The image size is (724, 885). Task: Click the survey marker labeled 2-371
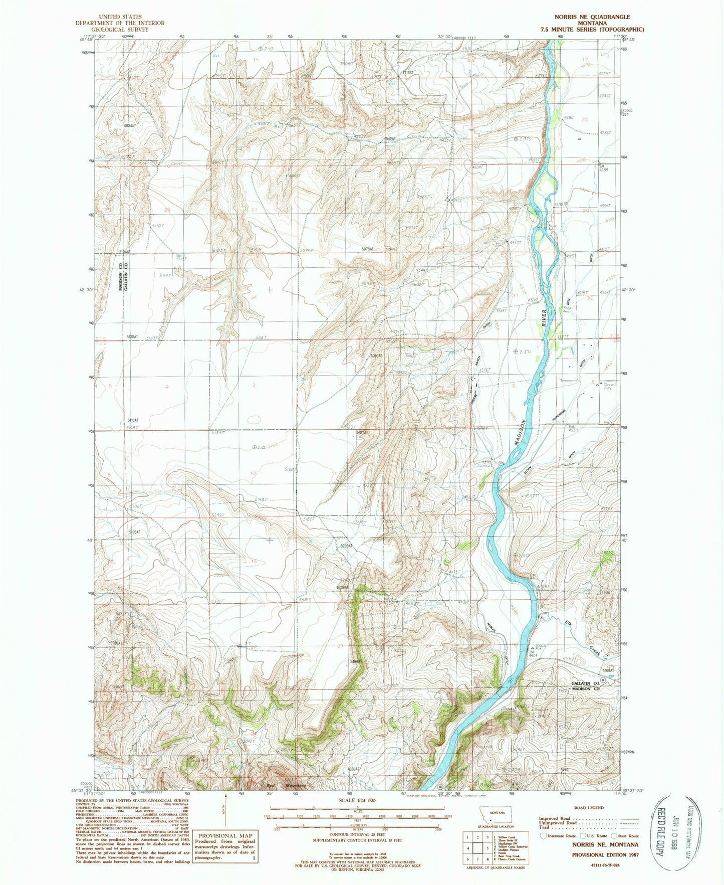(524, 352)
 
